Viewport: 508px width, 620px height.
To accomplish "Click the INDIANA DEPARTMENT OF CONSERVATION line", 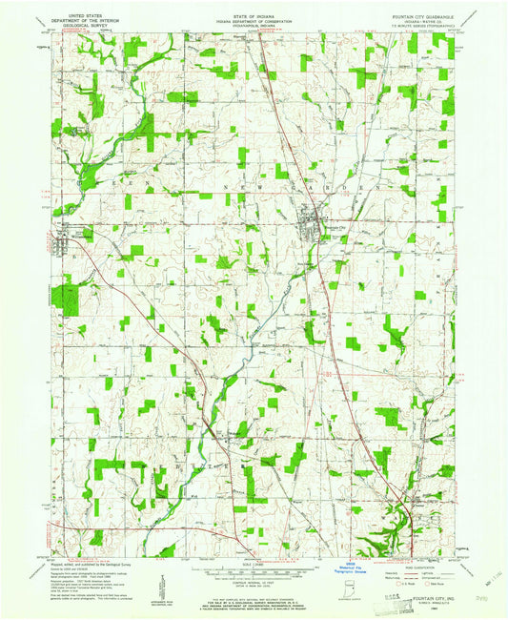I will pos(254,18).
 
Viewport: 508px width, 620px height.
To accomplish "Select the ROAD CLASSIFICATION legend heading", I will pos(417,565).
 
